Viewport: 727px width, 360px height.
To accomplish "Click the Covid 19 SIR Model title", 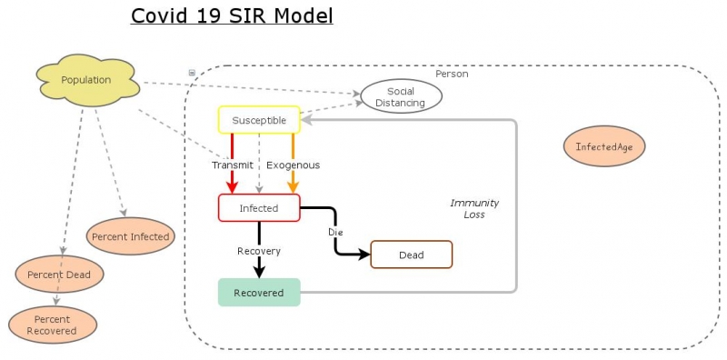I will click(232, 16).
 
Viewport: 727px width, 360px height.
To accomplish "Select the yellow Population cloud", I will click(86, 80).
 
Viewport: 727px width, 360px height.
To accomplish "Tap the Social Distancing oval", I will click(401, 97).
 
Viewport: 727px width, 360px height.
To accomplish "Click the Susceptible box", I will click(259, 120).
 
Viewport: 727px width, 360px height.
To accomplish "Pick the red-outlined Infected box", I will click(259, 208).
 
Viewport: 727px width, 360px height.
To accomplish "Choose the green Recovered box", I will click(259, 293).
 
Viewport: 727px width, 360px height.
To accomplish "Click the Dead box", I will click(411, 255).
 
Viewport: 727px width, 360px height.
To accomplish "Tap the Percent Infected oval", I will click(130, 236).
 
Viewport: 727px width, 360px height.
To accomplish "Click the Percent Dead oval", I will click(59, 274).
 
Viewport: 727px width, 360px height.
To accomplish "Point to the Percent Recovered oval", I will click(52, 325).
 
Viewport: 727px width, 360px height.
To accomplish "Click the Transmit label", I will click(232, 165).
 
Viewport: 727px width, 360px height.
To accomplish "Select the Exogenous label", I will click(293, 165).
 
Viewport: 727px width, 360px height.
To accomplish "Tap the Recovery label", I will click(259, 251).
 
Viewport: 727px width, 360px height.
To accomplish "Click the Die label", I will click(335, 233).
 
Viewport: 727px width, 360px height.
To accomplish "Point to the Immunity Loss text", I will click(474, 209).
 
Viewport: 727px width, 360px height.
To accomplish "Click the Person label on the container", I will click(452, 74).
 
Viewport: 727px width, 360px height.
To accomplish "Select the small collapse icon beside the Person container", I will click(192, 73).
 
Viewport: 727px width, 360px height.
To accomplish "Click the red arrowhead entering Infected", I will click(233, 188).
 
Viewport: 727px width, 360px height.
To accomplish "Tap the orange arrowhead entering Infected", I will click(293, 188).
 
